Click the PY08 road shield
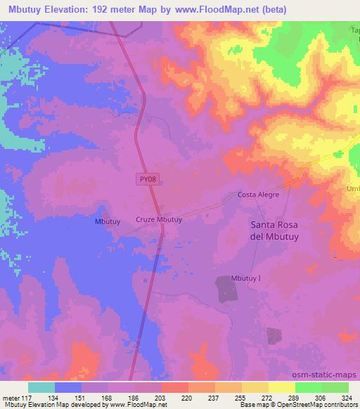(146, 180)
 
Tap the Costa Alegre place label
(258, 195)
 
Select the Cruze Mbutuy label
(159, 219)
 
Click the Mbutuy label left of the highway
(108, 221)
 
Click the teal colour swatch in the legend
(41, 387)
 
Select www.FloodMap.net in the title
(218, 10)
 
